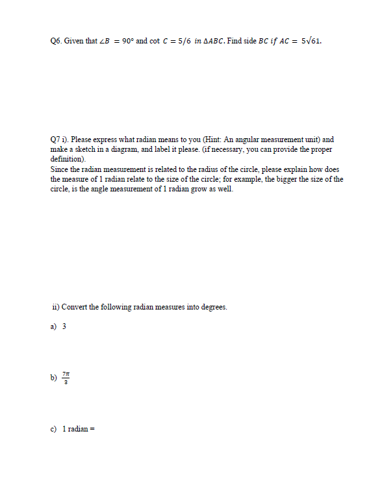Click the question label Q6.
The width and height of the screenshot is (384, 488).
coord(55,40)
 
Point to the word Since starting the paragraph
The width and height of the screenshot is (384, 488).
coord(59,169)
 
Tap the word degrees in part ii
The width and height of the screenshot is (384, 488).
coord(213,307)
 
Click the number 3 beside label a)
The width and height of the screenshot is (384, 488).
coord(64,326)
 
